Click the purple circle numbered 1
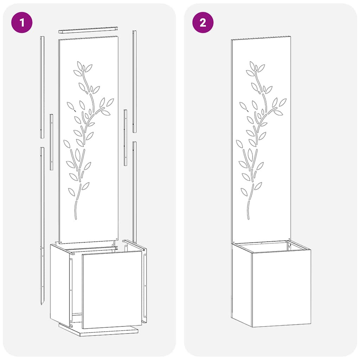click(x=22, y=23)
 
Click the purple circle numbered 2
click(x=203, y=23)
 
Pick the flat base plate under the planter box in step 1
click(x=98, y=331)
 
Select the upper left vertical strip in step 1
click(x=42, y=86)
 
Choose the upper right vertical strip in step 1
click(x=134, y=81)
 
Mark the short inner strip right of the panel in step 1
click(x=126, y=137)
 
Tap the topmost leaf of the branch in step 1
click(x=79, y=65)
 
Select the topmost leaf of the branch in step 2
click(x=252, y=65)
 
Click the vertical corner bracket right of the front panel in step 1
click(x=144, y=285)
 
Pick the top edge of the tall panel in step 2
click(x=261, y=38)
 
